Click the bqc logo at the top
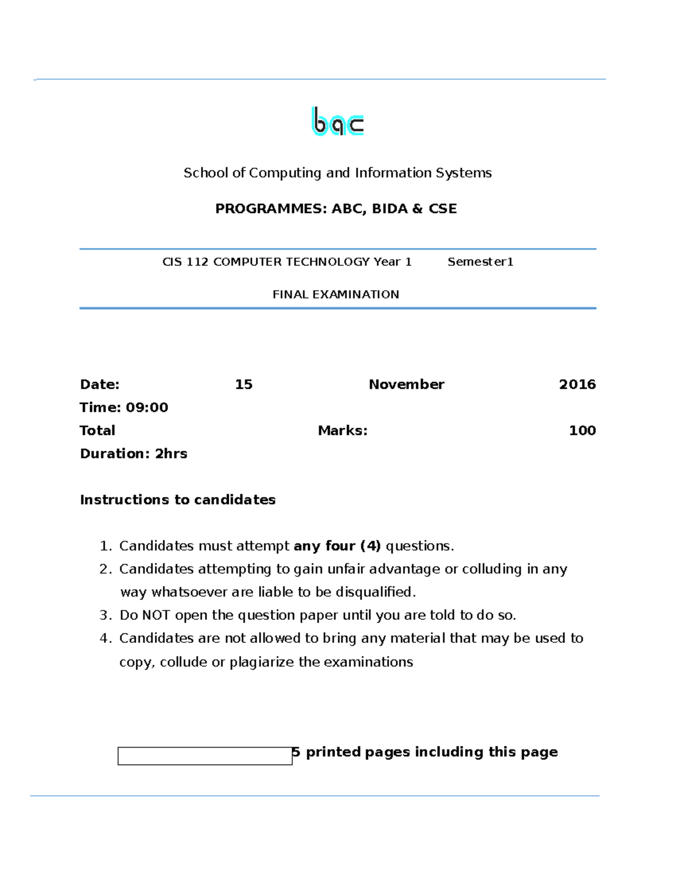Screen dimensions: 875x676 click(337, 121)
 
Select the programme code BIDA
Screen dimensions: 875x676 click(389, 209)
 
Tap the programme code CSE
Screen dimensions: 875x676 click(442, 209)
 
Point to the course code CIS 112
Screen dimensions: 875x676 click(185, 262)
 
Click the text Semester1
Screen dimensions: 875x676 click(480, 262)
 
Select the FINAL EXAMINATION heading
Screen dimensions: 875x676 click(336, 295)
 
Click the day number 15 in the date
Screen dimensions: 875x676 click(243, 385)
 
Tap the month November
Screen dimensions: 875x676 click(406, 385)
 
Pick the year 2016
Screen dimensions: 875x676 click(577, 385)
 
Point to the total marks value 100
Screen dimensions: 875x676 click(582, 431)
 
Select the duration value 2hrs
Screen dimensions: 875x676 click(171, 454)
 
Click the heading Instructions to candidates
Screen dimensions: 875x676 click(177, 500)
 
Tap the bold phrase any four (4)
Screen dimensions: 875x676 click(337, 547)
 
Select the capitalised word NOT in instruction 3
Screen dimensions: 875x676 click(155, 615)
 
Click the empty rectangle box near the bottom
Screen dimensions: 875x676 click(204, 756)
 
